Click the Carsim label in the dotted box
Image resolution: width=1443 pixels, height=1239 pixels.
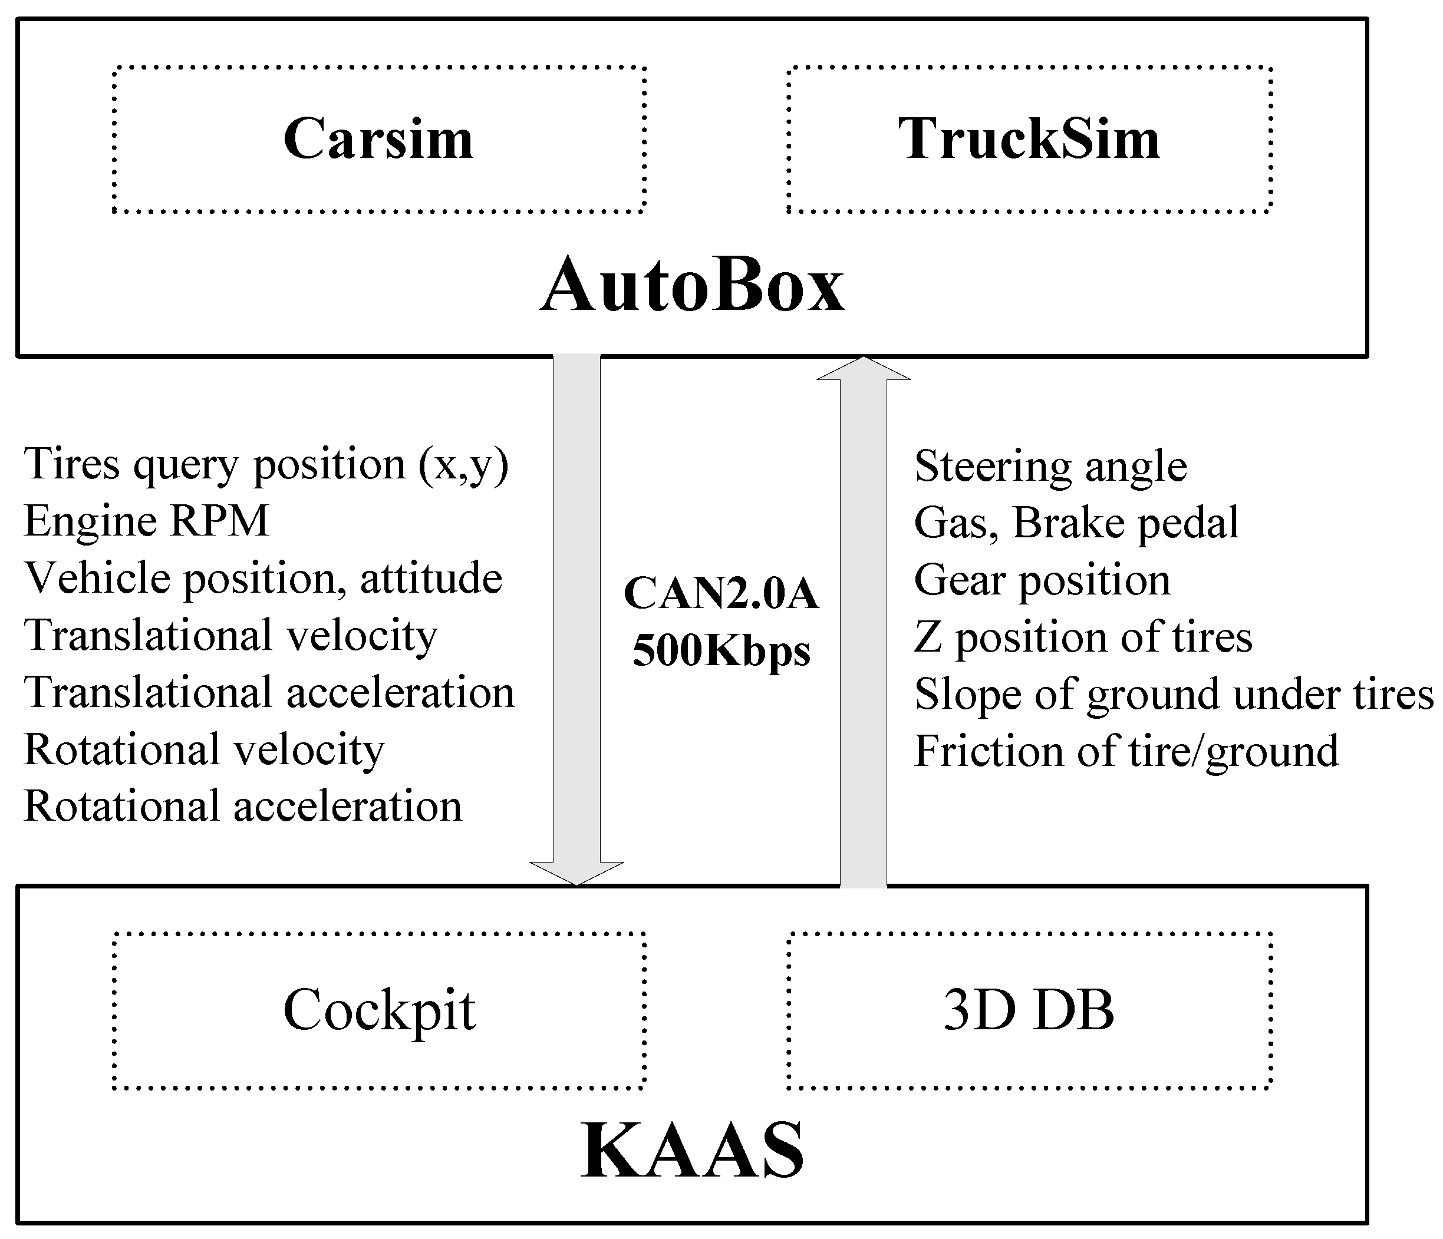tap(378, 139)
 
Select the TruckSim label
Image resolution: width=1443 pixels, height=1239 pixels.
tap(1029, 139)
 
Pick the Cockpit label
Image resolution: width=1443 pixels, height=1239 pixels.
tap(379, 1010)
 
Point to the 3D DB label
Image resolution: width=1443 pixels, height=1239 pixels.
tap(1029, 1010)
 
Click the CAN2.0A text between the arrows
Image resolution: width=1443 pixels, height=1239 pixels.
tap(721, 594)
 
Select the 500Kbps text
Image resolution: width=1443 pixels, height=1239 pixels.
tap(721, 652)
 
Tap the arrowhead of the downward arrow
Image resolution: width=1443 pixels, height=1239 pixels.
tap(576, 873)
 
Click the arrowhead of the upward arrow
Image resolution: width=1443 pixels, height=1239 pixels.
tap(863, 369)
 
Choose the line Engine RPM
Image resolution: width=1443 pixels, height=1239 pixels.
tap(146, 521)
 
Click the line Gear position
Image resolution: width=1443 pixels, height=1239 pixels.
tap(1042, 580)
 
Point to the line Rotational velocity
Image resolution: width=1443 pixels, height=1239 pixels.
tap(203, 749)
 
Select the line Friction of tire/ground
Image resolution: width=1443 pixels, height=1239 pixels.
tap(1125, 751)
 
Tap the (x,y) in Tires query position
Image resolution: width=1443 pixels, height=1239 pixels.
tap(464, 465)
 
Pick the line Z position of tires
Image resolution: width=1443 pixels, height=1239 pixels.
tap(1082, 637)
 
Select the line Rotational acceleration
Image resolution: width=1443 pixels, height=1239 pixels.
tap(242, 807)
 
